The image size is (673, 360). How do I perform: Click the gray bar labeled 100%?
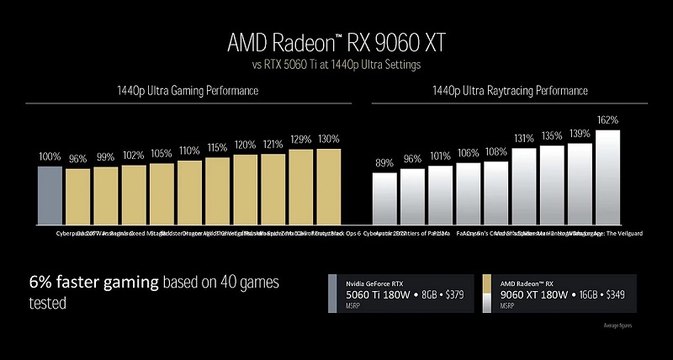click(x=50, y=193)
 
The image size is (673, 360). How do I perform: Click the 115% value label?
click(x=217, y=147)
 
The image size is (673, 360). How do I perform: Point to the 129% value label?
click(x=300, y=139)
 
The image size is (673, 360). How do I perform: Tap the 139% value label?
click(x=580, y=134)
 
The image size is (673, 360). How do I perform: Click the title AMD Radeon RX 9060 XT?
click(x=336, y=40)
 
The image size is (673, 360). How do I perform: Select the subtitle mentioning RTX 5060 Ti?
click(x=336, y=64)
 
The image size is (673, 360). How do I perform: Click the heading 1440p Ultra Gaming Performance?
click(x=187, y=90)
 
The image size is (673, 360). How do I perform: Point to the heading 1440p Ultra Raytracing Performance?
click(x=510, y=90)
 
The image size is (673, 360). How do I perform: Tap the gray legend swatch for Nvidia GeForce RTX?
click(x=331, y=292)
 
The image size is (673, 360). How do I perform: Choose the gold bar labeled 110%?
click(x=189, y=190)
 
